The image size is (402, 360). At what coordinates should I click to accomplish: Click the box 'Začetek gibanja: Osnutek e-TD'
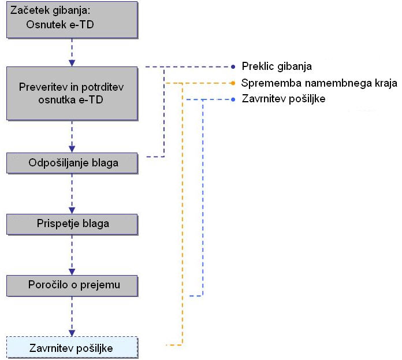72,20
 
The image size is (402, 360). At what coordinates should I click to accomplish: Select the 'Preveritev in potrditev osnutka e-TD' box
72,93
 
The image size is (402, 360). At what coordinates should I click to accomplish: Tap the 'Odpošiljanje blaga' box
72,163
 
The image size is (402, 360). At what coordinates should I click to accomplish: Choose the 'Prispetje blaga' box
72,223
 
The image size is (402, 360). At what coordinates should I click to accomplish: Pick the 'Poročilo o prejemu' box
72,284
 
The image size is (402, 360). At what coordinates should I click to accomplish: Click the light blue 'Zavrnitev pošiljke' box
72,348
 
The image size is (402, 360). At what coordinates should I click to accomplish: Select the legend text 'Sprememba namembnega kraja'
319,83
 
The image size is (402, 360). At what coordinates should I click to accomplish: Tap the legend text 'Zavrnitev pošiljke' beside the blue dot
284,99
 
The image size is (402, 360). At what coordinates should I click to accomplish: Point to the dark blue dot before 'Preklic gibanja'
233,66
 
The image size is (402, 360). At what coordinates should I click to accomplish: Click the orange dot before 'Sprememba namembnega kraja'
233,83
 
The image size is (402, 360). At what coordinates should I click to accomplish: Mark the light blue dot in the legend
233,99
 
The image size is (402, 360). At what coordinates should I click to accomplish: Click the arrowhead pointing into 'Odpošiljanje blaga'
72,149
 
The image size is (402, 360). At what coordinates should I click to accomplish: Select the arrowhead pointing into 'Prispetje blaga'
72,210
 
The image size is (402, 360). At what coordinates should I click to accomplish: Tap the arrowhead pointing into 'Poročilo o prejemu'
72,270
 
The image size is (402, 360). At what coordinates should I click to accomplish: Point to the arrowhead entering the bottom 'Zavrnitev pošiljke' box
72,332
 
